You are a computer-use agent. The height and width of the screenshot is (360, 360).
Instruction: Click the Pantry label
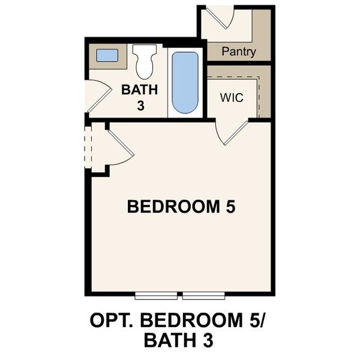pyautogui.click(x=238, y=52)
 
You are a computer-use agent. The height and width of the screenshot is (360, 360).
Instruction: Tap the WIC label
pyautogui.click(x=232, y=97)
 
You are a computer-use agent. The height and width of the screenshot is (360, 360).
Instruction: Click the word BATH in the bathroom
pyautogui.click(x=140, y=90)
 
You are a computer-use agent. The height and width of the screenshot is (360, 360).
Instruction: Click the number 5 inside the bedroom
pyautogui.click(x=230, y=207)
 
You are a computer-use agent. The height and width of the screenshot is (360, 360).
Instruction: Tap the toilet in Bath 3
pyautogui.click(x=145, y=62)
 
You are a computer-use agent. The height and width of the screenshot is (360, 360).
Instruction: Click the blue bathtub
pyautogui.click(x=185, y=82)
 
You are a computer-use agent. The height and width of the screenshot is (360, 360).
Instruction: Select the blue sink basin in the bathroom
pyautogui.click(x=107, y=56)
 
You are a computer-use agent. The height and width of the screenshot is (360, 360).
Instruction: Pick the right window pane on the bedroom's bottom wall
pyautogui.click(x=203, y=295)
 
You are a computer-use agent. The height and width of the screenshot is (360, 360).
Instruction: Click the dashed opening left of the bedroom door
pyautogui.click(x=88, y=146)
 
